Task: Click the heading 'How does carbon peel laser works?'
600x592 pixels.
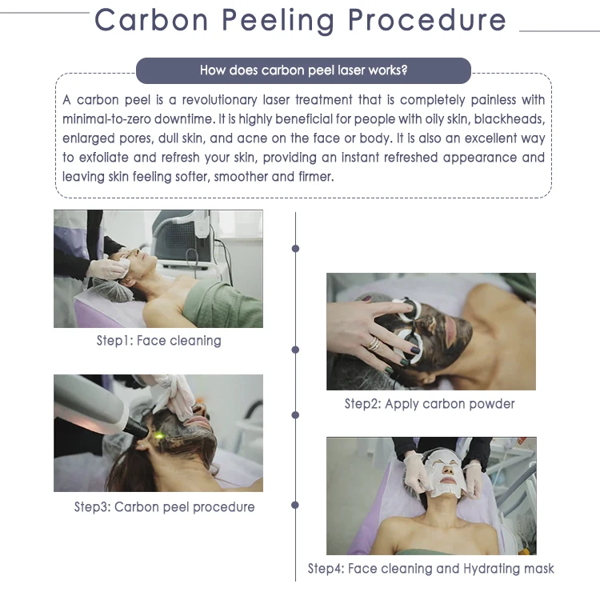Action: pyautogui.click(x=303, y=70)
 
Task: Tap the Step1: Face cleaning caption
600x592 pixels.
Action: pyautogui.click(x=158, y=341)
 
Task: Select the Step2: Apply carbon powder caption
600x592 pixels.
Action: pyautogui.click(x=430, y=404)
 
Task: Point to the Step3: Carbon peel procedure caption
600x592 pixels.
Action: pyautogui.click(x=164, y=506)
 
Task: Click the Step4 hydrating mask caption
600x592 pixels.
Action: pyautogui.click(x=430, y=569)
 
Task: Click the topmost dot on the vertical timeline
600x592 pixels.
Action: pyautogui.click(x=296, y=249)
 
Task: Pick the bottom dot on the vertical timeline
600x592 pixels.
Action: pyautogui.click(x=296, y=506)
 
